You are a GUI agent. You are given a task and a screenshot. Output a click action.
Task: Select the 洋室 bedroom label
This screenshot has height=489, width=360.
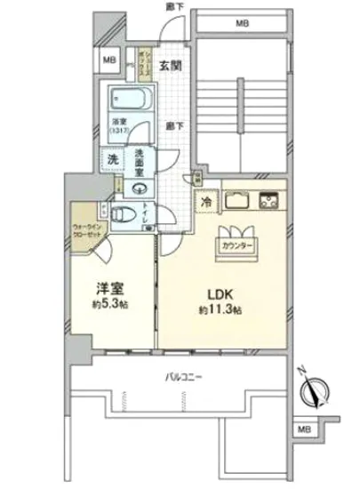(110, 290)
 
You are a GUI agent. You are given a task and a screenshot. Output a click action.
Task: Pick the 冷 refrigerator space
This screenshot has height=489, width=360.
(204, 201)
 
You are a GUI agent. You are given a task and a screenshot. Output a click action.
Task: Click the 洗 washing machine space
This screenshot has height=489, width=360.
(113, 159)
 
